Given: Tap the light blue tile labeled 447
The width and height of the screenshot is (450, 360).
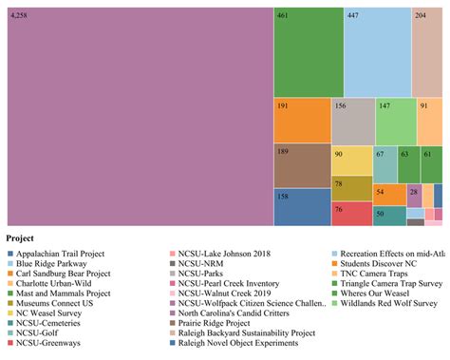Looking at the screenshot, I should tap(376, 50).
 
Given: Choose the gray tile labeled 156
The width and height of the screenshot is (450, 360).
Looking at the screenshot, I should tap(352, 121).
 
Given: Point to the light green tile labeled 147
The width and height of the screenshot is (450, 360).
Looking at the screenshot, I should tap(395, 121).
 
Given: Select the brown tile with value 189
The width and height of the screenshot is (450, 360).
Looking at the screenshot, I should tap(301, 165).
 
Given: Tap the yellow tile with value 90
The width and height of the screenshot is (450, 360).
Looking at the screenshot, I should tap(350, 161).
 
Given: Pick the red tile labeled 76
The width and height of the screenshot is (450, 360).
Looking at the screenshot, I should tap(350, 213).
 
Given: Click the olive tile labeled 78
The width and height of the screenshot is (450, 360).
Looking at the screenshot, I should tap(350, 188).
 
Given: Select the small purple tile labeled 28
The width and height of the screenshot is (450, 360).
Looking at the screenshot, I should tap(414, 195).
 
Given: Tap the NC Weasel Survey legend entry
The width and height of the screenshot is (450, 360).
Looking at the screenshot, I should tap(51, 312).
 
